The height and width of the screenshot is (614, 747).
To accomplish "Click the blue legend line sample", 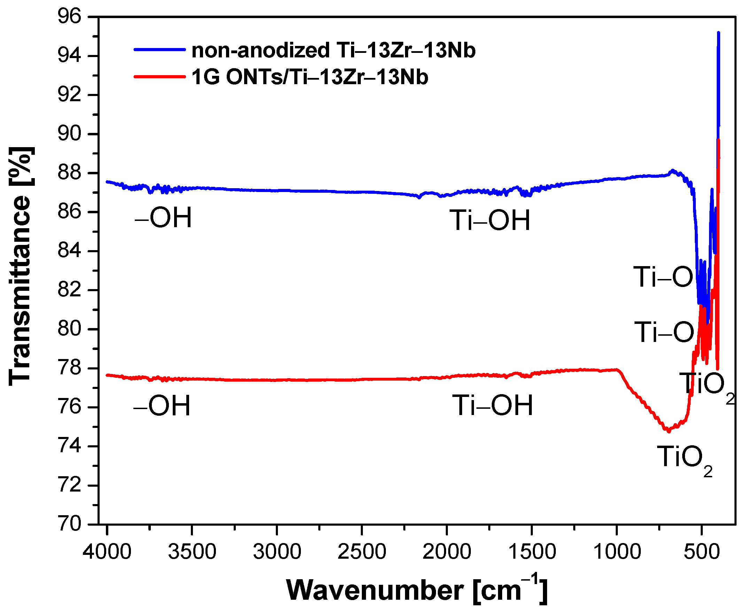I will [159, 50].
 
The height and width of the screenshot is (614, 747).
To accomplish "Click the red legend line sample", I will [159, 77].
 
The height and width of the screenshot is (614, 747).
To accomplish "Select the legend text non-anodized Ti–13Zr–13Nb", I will [333, 50].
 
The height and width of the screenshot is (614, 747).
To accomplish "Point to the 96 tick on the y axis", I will [69, 17].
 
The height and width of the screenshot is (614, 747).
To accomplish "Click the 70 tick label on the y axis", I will [69, 524].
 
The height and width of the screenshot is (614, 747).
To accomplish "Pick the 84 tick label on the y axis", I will [69, 251].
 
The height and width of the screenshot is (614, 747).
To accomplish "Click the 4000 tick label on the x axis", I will [107, 551].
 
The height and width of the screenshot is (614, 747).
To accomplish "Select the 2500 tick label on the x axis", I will [361, 551].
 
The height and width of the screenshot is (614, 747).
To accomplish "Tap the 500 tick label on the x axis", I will [701, 551].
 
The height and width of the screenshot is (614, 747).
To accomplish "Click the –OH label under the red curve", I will [162, 405].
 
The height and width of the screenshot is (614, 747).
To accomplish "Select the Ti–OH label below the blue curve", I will [490, 220].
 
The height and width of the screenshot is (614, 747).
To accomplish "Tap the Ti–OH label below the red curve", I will [492, 405].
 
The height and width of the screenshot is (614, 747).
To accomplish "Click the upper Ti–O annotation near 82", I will [663, 277].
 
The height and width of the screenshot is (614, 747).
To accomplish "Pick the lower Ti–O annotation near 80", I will [664, 332].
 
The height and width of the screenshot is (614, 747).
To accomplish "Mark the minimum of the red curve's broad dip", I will [668, 431].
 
